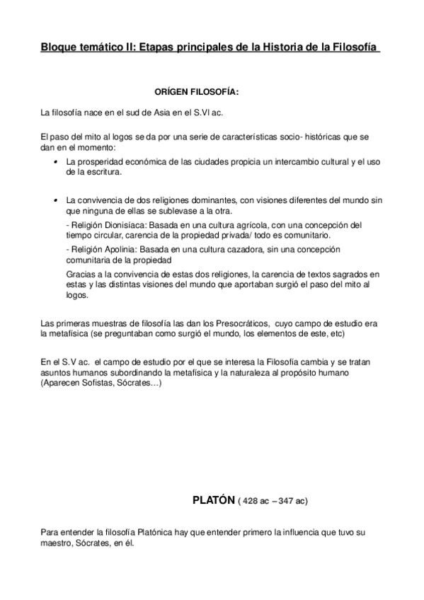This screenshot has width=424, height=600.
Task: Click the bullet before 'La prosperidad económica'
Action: (55, 163)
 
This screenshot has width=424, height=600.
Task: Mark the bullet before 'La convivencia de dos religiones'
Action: (55, 201)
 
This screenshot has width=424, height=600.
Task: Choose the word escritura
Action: (102, 172)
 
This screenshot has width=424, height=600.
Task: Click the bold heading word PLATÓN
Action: (213, 500)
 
